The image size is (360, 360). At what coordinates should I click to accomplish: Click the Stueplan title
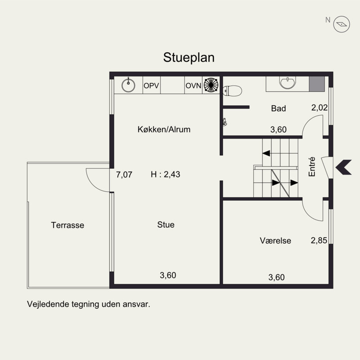point(189,58)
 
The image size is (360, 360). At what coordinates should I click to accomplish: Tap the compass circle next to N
point(342,24)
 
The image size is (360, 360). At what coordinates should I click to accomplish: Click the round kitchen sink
point(128,85)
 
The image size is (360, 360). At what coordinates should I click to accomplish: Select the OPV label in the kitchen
point(151,85)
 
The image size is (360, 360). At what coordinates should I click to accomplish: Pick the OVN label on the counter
point(193,85)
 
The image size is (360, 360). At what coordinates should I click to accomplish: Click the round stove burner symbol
point(211,85)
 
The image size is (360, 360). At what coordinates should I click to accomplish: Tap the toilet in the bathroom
point(232,91)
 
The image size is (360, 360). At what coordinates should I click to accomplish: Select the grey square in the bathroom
point(317,84)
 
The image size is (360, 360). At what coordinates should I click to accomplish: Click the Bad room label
point(278,108)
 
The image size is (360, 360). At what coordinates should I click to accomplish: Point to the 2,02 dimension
point(319,108)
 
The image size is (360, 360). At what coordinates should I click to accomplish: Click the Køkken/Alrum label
point(164,129)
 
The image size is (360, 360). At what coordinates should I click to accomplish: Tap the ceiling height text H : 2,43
point(165,175)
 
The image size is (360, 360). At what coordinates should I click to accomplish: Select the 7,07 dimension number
point(124,175)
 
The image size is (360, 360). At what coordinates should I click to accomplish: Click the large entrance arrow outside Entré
point(343,167)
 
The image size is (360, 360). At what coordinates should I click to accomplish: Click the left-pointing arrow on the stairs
point(266,153)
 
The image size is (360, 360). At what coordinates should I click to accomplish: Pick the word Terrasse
point(67,225)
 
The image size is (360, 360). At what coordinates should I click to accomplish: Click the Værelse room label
point(275,241)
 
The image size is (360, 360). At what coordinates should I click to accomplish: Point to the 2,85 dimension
point(319,240)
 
